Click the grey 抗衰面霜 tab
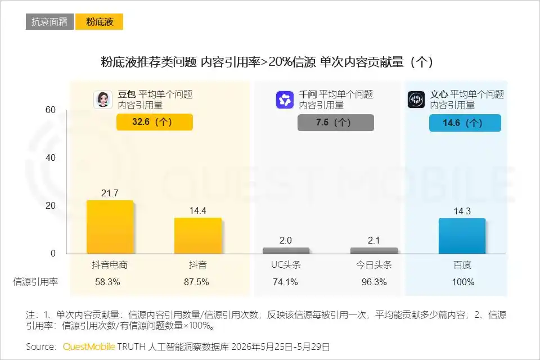pos(49,22)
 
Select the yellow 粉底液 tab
pos(99,22)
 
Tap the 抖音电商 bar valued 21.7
pos(110,227)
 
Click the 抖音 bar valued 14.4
pos(198,236)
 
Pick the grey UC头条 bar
pos(286,251)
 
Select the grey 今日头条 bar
pos(374,251)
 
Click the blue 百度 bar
pos(462,236)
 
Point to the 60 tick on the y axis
pos(51,110)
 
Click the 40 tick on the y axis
pos(51,157)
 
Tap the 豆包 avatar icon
pos(103,100)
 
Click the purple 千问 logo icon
pos(285,100)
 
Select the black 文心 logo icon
pos(416,100)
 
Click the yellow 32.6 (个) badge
pos(155,122)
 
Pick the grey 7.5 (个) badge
pos(336,122)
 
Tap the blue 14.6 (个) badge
pos(465,123)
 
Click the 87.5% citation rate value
pos(196,282)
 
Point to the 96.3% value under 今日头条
pos(374,282)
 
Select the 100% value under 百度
pos(463,282)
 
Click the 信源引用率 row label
pos(35,282)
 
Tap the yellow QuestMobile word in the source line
pos(89,346)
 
